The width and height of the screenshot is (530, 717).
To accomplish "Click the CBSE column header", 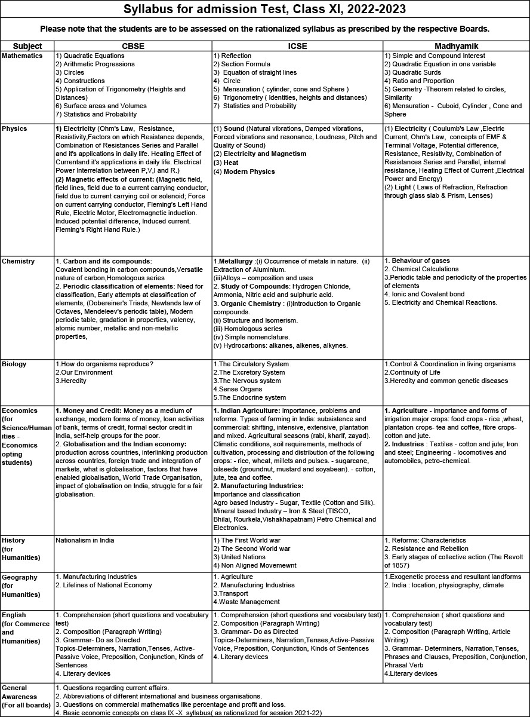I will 132,46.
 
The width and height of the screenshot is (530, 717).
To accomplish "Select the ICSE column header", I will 297,46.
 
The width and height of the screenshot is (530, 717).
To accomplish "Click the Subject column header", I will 27,46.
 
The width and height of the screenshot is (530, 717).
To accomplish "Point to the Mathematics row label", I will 23,56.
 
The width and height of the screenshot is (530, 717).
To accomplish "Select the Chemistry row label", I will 19,261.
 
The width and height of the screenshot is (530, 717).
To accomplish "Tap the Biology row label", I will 15,364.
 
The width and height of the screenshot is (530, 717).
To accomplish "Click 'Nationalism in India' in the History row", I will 84,540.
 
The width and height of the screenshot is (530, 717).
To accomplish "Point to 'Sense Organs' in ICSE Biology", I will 240,389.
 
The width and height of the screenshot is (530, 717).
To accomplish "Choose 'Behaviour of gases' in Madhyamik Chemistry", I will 420,261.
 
